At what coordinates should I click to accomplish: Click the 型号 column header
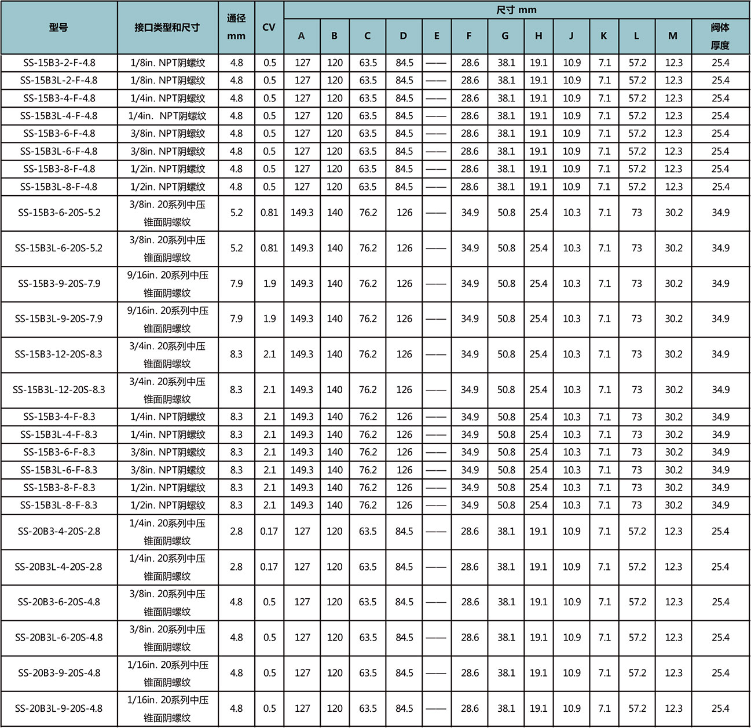pos(58,27)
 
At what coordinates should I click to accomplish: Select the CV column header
pos(269,27)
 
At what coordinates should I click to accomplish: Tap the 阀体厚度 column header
pos(720,36)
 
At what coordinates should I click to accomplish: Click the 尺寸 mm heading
pos(516,10)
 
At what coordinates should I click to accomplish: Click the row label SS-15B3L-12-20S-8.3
pos(58,390)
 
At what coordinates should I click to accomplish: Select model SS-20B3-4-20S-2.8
pos(58,531)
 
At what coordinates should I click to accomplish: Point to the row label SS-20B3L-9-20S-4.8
pos(58,708)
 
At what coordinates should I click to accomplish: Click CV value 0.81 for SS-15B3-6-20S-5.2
pos(269,213)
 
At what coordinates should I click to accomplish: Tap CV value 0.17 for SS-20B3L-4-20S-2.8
pos(269,566)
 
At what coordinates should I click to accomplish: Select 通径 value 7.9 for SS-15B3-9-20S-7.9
pos(236,284)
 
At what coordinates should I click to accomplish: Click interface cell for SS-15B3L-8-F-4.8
pos(167,186)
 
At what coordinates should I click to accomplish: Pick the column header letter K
pos(604,36)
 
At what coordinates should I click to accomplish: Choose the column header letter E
pos(437,36)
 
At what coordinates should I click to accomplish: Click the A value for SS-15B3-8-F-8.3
pos(302,488)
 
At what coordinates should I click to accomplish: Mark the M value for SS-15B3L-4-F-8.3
pos(673,434)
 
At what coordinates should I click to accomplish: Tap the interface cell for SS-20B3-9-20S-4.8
pos(167,673)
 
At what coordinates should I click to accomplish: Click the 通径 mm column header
pos(236,27)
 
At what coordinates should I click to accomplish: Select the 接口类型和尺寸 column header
pos(167,27)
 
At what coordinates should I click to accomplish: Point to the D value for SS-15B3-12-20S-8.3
pos(404,354)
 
